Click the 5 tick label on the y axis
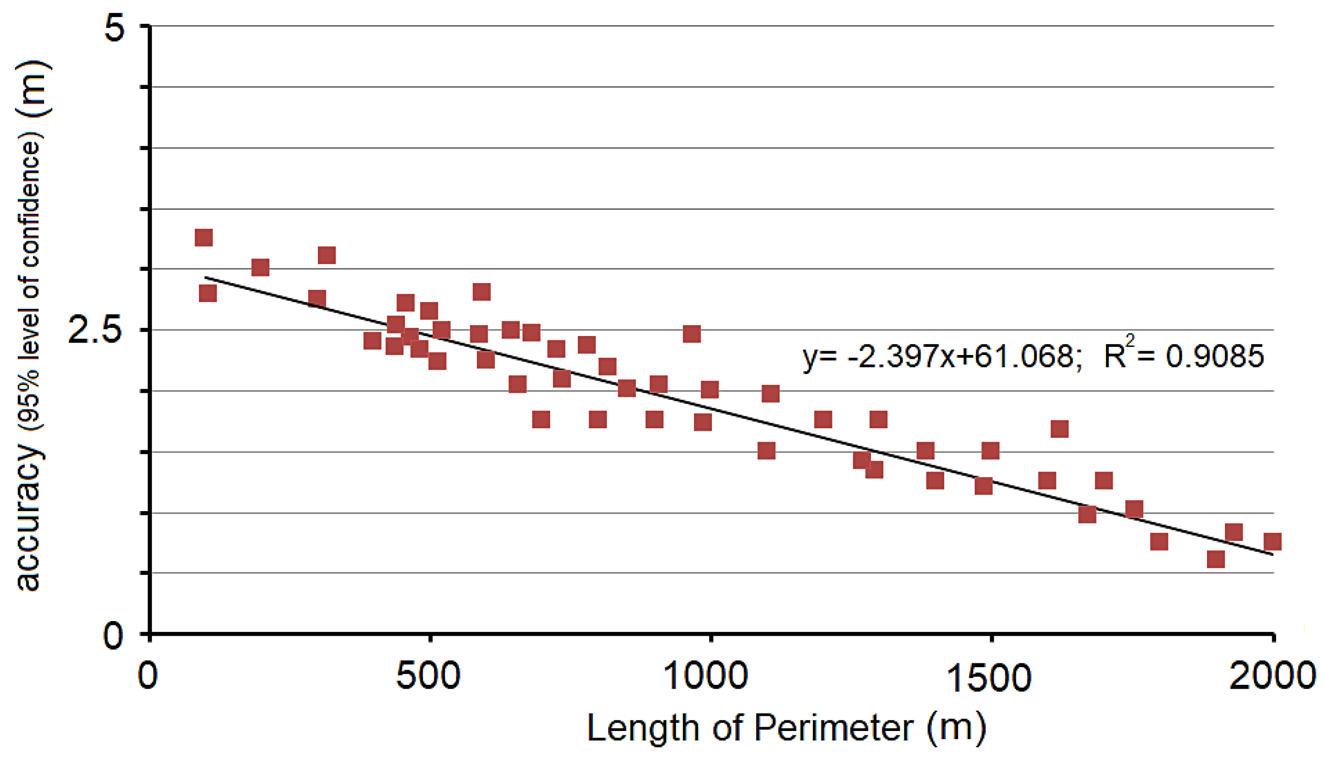[114, 27]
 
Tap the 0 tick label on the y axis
[113, 635]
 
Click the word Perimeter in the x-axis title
[833, 728]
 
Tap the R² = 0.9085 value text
[1184, 356]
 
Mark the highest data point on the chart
[204, 238]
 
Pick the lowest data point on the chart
[1216, 560]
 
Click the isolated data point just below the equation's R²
[1059, 429]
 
